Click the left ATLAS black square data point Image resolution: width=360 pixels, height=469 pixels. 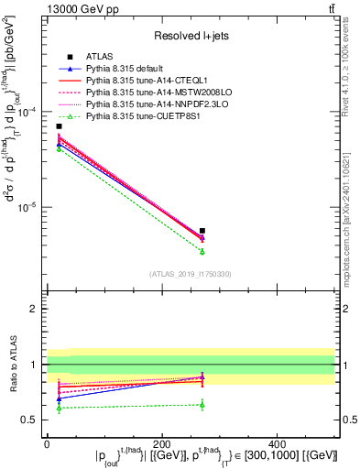click(x=60, y=126)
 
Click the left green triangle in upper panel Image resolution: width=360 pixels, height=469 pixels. click(x=60, y=147)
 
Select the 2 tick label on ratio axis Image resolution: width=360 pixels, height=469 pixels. click(x=35, y=310)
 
